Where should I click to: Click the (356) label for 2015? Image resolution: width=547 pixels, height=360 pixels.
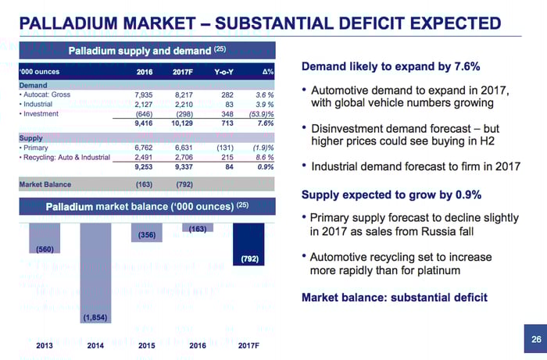[147, 234]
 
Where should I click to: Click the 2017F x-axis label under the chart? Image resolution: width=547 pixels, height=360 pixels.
[248, 345]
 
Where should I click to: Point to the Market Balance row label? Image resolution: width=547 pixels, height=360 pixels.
[45, 184]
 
